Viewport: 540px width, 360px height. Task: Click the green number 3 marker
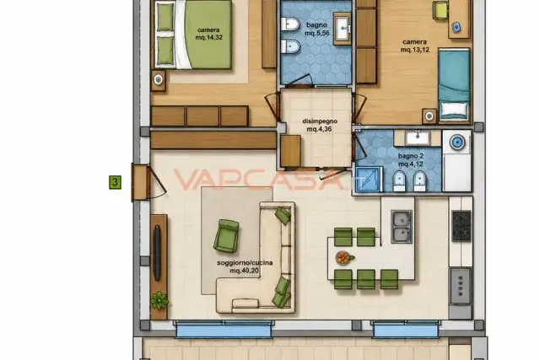(115, 182)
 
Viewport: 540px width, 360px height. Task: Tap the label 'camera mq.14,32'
(208, 34)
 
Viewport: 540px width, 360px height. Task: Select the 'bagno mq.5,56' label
(317, 29)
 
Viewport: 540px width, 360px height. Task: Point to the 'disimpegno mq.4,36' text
(320, 126)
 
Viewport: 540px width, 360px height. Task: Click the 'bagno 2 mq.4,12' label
(411, 160)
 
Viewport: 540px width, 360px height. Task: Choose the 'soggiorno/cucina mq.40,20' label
(245, 266)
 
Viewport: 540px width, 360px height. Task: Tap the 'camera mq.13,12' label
(414, 46)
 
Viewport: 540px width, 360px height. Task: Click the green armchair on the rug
(226, 236)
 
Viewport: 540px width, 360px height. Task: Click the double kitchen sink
(402, 227)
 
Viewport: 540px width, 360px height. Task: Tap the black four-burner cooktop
(462, 226)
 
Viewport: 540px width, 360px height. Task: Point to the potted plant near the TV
(159, 300)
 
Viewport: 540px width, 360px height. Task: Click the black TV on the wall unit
(157, 253)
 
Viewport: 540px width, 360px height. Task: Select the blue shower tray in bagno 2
(369, 179)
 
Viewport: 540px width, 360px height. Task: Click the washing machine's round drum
(457, 142)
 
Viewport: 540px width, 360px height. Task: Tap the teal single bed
(454, 84)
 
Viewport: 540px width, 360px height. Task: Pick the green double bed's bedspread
(208, 35)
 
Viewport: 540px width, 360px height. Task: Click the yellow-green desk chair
(440, 9)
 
